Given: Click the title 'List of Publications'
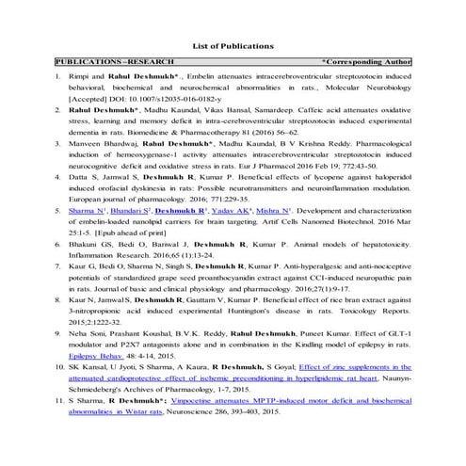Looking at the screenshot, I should click(x=233, y=44).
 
